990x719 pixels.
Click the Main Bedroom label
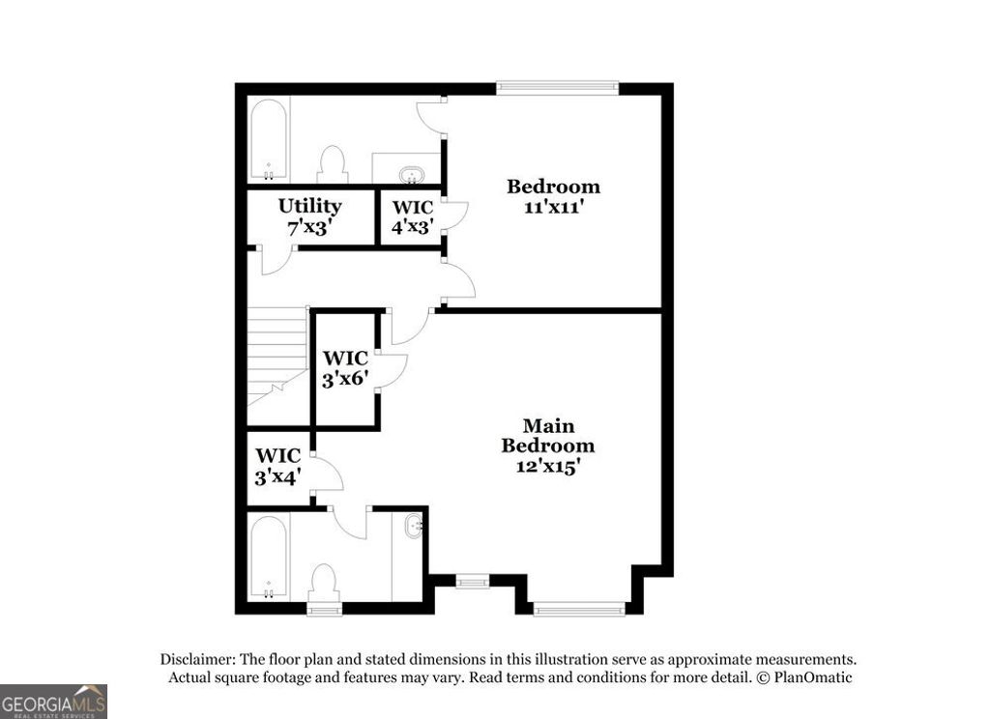(x=547, y=436)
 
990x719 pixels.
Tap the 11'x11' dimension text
(x=554, y=208)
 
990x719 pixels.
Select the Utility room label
(x=309, y=206)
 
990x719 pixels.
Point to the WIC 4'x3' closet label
(x=411, y=216)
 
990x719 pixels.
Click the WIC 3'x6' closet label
(x=345, y=368)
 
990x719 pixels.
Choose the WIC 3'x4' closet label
(x=278, y=465)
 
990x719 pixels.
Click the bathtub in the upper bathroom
(x=268, y=141)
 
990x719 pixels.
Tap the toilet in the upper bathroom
(x=333, y=164)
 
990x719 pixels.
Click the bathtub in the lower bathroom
(x=268, y=558)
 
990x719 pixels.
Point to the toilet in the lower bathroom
(x=323, y=583)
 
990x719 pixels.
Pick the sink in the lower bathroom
(x=416, y=528)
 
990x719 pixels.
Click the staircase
(x=277, y=353)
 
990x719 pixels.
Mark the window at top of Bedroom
(x=557, y=87)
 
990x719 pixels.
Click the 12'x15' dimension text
(x=547, y=466)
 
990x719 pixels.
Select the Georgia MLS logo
(x=53, y=701)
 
